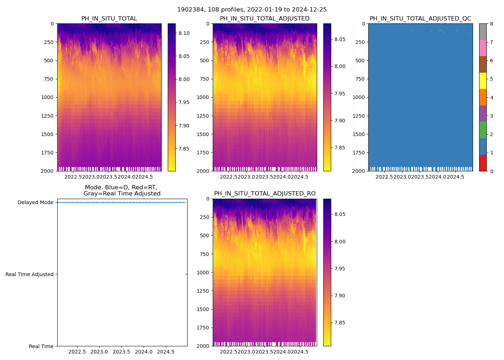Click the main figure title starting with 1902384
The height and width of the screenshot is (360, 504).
tap(252, 10)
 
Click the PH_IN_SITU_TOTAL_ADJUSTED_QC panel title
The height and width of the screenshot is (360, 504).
tap(420, 19)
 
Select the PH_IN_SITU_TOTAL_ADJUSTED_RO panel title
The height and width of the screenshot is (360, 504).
tap(265, 194)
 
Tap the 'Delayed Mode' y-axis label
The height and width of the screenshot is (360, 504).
tap(35, 202)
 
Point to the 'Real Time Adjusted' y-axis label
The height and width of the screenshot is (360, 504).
tap(29, 274)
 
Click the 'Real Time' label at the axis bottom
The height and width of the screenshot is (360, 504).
tap(41, 346)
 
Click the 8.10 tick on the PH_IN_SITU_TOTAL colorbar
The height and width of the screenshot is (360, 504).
tap(184, 33)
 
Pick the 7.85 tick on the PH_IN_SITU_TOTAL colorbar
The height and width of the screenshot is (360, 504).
tap(184, 149)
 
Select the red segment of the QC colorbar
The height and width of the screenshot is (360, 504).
tap(483, 163)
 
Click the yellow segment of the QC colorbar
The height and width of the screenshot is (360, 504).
tap(483, 81)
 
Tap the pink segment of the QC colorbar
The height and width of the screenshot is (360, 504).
tap(483, 48)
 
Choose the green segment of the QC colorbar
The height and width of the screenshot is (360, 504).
tap(483, 130)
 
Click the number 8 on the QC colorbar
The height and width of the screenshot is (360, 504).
tap(491, 24)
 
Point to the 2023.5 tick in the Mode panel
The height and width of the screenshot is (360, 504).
tap(122, 352)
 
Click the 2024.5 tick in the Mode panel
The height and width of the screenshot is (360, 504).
tap(166, 352)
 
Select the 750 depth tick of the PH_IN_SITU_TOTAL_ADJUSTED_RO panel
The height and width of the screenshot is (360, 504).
tap(204, 254)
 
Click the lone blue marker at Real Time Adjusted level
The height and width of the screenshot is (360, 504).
tap(186, 274)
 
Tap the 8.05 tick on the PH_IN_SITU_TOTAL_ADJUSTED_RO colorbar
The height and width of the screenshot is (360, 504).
tap(340, 214)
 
